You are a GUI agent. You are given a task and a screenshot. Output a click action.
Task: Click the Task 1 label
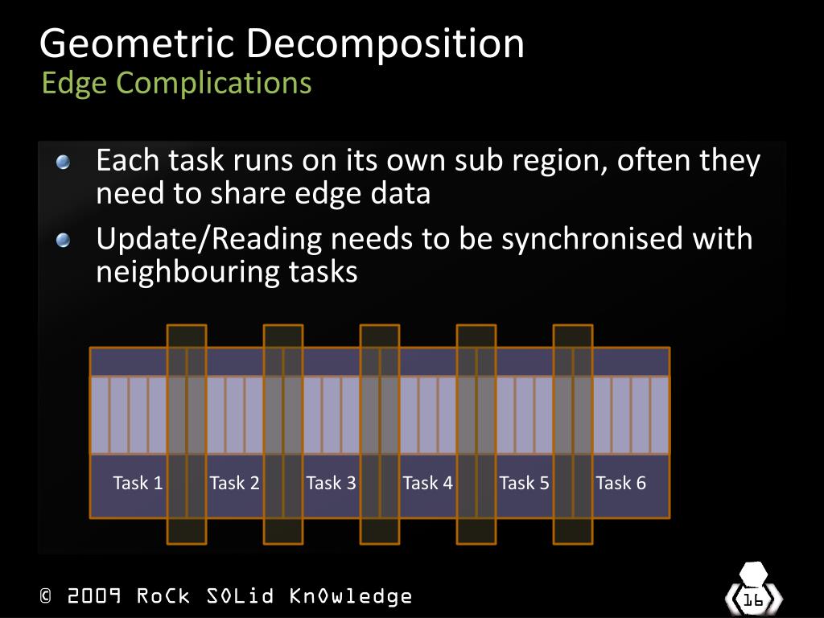pos(138,483)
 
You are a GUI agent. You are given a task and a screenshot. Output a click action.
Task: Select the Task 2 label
pos(234,483)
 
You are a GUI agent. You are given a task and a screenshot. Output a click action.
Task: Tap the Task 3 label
pos(331,483)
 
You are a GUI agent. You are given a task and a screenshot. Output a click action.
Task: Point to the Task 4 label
pos(427,483)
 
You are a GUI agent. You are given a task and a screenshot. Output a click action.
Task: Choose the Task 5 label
pos(524,483)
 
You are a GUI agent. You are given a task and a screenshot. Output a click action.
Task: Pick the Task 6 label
pos(620,483)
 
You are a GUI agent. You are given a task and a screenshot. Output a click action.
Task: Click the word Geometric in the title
pos(139,43)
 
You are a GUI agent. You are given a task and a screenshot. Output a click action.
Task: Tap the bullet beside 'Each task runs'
pos(64,163)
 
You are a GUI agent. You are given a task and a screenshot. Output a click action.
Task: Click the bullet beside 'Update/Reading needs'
pos(64,241)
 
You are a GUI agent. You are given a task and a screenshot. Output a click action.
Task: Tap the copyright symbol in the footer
pos(46,596)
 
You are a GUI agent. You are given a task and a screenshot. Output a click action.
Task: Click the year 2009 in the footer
pos(94,596)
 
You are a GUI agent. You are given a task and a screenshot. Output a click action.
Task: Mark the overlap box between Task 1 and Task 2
pos(187,434)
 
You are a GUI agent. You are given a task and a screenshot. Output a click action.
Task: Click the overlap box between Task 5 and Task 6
pos(573,434)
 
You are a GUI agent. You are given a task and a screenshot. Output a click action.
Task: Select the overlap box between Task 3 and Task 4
pos(380,434)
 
